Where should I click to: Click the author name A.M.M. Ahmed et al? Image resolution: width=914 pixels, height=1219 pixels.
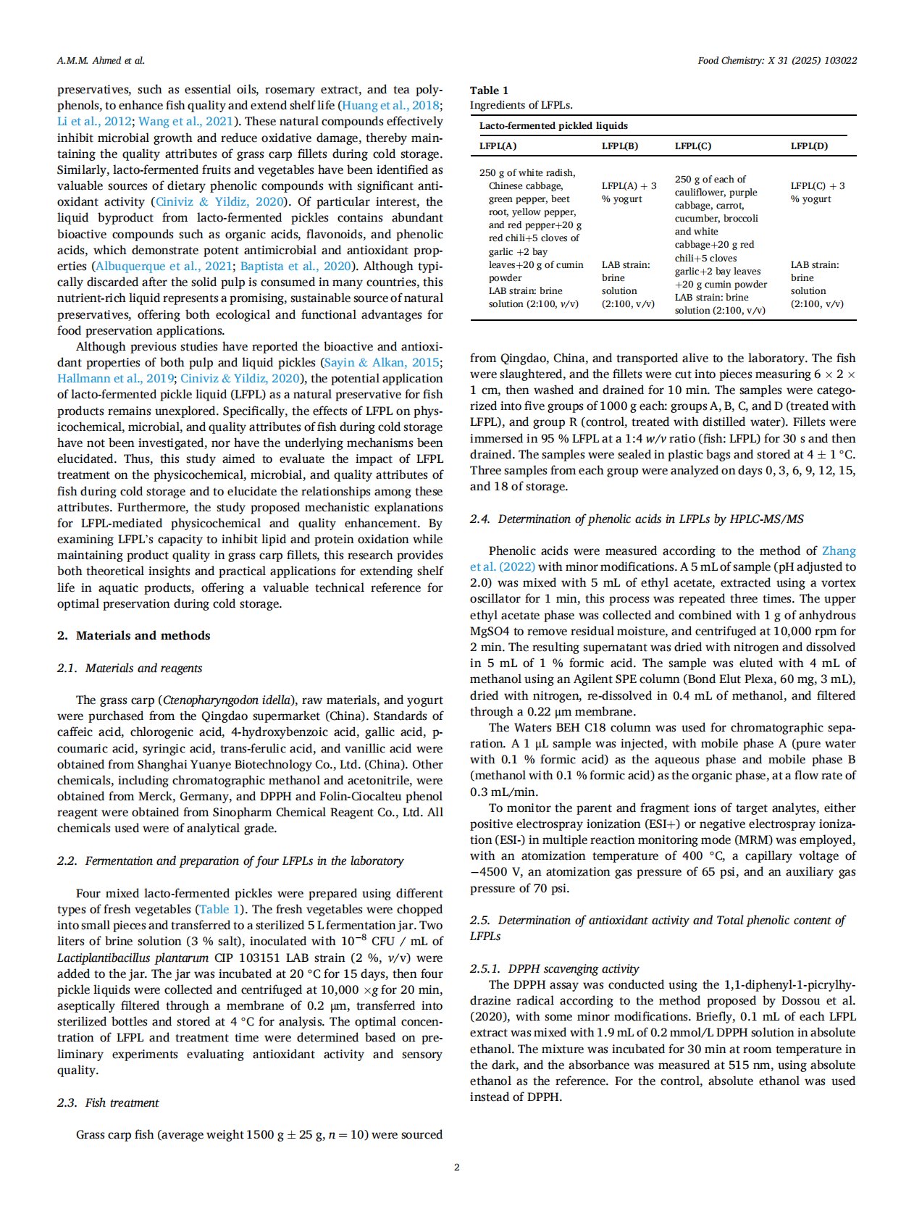tap(101, 61)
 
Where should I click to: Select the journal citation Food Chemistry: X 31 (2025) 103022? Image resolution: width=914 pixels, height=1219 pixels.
tap(777, 61)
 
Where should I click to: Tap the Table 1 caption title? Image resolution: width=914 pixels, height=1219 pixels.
tap(489, 91)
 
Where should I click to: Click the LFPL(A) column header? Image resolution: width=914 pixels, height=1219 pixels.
tap(498, 146)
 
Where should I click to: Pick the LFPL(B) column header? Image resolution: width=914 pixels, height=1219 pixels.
tap(620, 146)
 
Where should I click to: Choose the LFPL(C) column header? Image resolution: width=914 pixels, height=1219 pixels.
tap(693, 146)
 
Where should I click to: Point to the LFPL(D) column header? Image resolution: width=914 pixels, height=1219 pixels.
tap(809, 146)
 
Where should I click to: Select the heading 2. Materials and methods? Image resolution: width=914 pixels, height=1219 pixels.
tap(133, 635)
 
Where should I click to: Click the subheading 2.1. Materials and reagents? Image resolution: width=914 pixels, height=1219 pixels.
tap(130, 668)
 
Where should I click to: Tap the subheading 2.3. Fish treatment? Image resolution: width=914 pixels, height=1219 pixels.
tap(108, 1102)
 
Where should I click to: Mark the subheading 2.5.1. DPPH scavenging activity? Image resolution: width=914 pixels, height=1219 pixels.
tap(554, 968)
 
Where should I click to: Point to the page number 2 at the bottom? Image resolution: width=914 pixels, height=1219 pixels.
tap(457, 1167)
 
